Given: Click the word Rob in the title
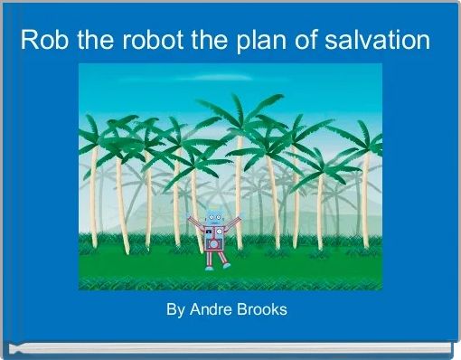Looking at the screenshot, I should pyautogui.click(x=42, y=41).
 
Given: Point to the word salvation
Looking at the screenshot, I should pyautogui.click(x=374, y=41).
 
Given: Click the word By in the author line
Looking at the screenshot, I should pyautogui.click(x=174, y=310).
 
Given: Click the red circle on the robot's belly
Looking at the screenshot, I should pyautogui.click(x=212, y=242).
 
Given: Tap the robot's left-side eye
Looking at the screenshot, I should pyautogui.click(x=211, y=217).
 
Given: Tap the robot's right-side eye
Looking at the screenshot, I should pyautogui.click(x=218, y=217).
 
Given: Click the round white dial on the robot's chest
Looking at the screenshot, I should pyautogui.click(x=218, y=232).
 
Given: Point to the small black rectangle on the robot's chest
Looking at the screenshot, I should pyautogui.click(x=210, y=232).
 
